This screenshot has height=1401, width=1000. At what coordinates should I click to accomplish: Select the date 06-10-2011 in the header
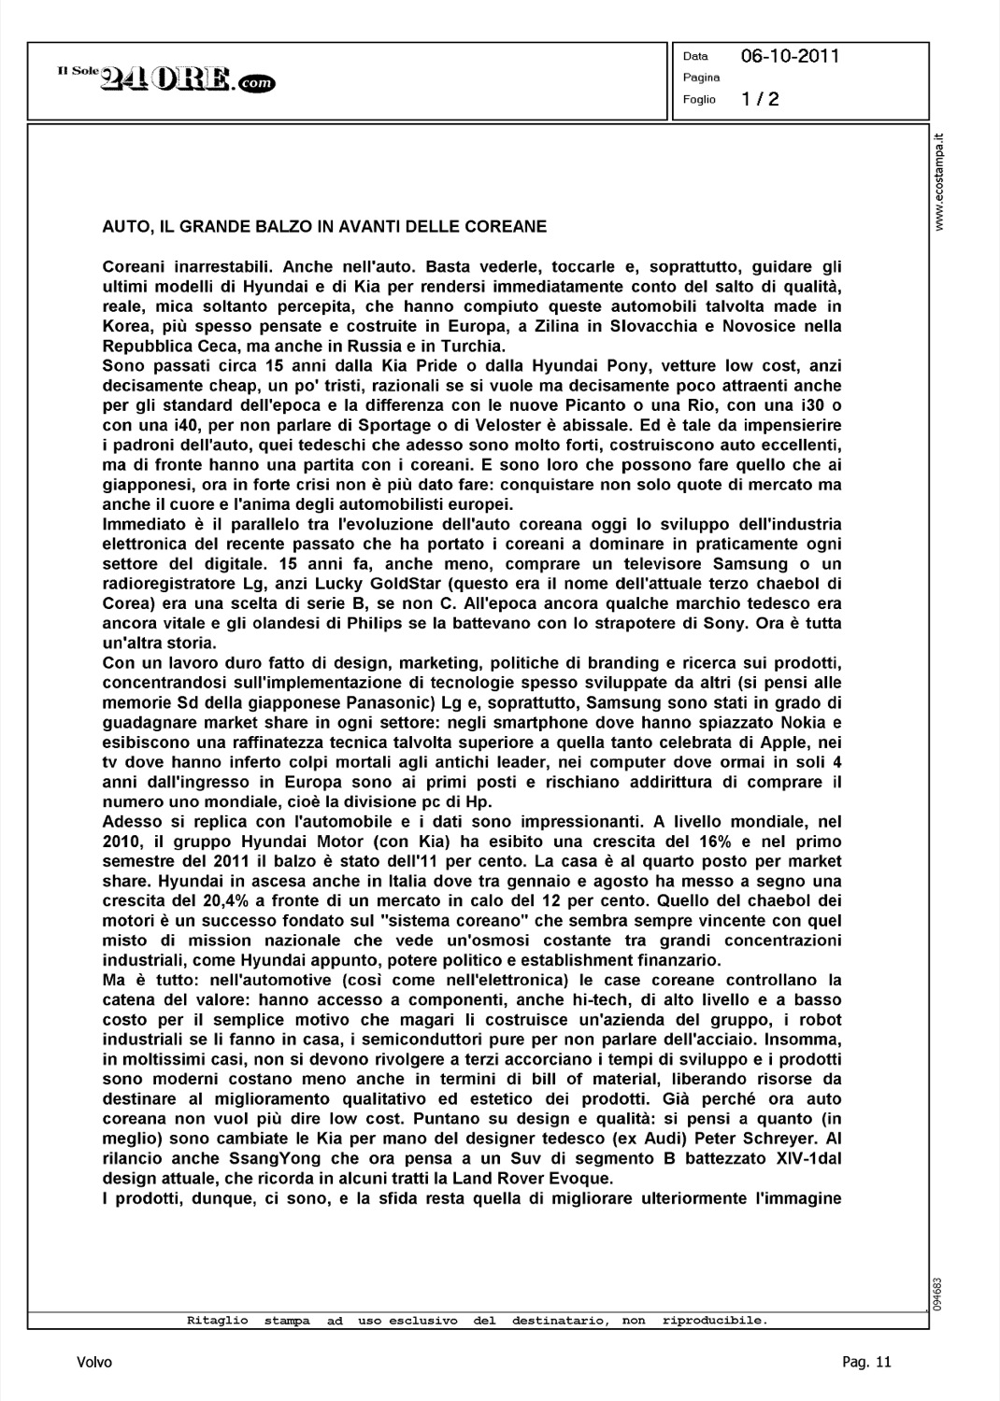coord(790,56)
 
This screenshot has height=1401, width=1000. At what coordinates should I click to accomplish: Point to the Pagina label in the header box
coord(701,78)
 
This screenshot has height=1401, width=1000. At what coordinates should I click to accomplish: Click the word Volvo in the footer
coord(94,1363)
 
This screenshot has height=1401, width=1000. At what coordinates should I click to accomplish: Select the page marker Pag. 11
coord(866,1363)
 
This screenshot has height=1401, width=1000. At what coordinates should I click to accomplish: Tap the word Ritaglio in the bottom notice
coord(218,1321)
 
